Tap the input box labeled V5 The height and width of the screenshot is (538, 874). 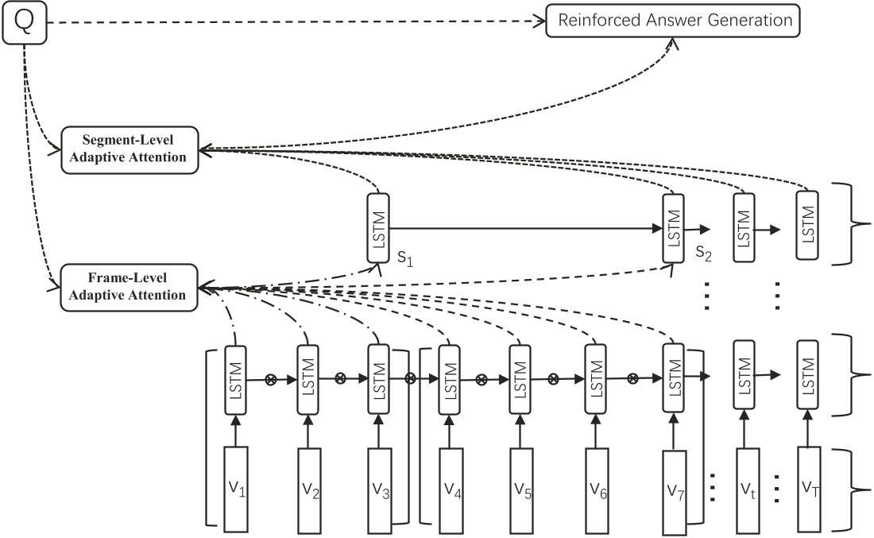[x=520, y=488]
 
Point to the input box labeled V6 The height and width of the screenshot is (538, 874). [x=598, y=488]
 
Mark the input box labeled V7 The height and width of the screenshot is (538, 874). [x=673, y=488]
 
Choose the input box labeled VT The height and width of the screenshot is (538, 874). [x=808, y=488]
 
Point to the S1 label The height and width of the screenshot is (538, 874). [x=405, y=259]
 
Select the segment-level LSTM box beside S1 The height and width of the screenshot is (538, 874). [x=378, y=226]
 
